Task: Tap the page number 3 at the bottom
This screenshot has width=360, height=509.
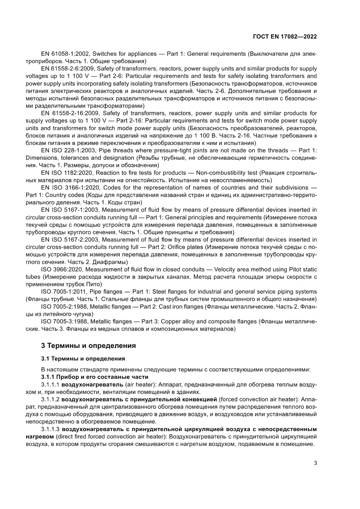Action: click(x=315, y=463)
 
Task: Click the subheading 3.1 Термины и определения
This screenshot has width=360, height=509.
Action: click(x=83, y=358)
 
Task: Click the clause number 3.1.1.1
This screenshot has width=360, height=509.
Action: click(x=50, y=385)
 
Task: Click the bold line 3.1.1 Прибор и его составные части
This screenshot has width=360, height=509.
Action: click(x=94, y=377)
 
